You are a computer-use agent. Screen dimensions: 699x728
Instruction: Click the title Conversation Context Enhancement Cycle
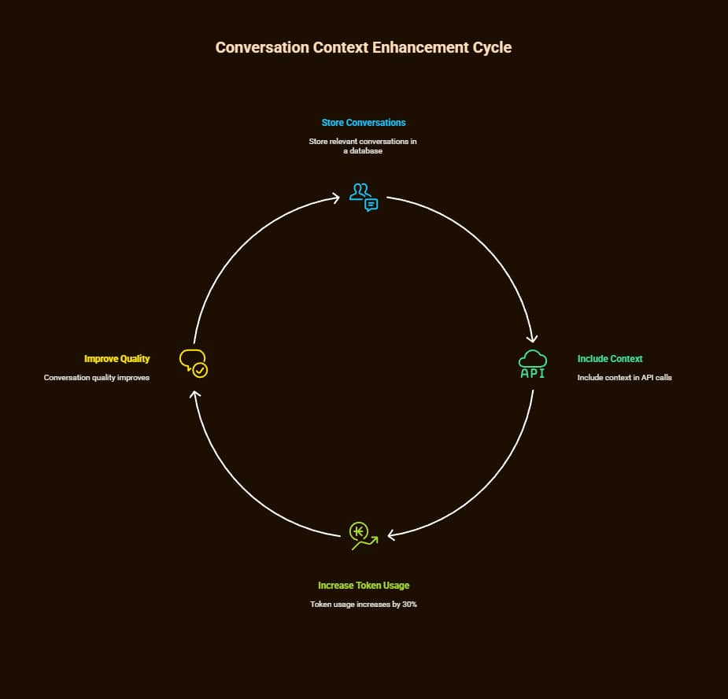tap(364, 47)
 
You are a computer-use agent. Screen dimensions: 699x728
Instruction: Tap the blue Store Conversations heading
tap(364, 123)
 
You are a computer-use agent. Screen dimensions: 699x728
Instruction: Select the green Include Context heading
tap(610, 359)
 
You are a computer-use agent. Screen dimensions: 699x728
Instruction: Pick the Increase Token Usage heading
tap(364, 586)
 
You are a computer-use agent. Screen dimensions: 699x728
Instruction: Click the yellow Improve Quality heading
tap(116, 359)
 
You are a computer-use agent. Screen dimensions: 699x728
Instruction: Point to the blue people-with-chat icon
tap(364, 197)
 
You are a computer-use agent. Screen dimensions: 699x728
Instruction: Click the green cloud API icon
tap(533, 364)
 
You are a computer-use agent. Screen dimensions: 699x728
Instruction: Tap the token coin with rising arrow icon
tap(363, 534)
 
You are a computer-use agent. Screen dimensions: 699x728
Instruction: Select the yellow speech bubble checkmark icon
tap(194, 363)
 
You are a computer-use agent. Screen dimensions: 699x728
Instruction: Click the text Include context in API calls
tap(624, 378)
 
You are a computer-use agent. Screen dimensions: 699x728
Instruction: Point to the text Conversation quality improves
tap(97, 378)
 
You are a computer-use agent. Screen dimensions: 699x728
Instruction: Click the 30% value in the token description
tap(408, 605)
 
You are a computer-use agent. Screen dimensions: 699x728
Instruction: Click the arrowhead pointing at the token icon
tap(391, 535)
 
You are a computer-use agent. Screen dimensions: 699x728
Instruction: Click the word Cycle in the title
tap(493, 47)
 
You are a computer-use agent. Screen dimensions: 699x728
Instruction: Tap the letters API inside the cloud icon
tap(533, 373)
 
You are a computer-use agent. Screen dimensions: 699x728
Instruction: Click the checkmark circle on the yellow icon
tap(201, 369)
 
